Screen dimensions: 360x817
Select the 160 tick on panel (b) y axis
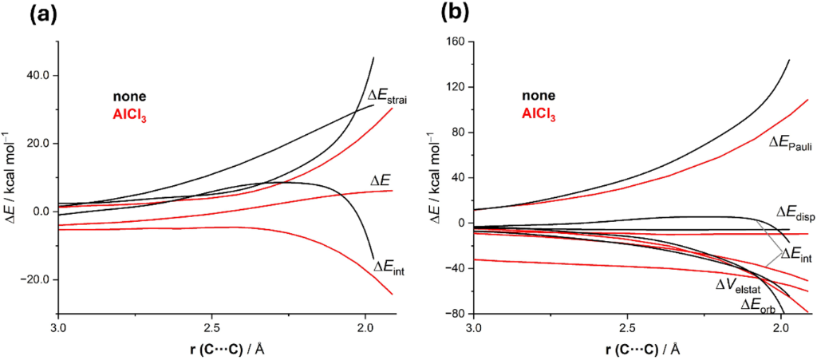[x=455, y=42]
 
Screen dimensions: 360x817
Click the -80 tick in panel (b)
[x=456, y=315]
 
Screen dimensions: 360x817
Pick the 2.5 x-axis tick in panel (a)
[x=211, y=329]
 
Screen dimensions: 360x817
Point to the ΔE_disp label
[x=794, y=212]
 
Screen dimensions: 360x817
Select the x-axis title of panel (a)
[x=211, y=348]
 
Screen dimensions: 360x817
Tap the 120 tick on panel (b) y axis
[x=455, y=87]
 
